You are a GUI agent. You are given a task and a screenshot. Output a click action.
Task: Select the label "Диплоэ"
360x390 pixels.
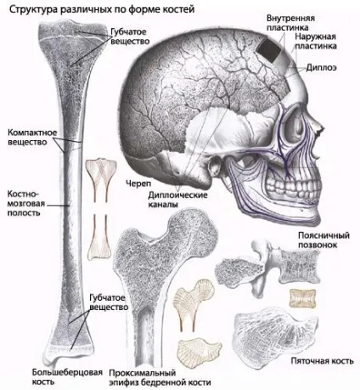[x=322, y=68]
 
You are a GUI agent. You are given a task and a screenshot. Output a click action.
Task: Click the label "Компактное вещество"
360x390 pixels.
[x=32, y=137]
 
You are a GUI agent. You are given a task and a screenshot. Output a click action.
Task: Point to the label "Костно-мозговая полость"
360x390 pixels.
[x=25, y=203]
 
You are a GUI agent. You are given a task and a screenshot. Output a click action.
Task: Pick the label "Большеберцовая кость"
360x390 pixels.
[x=67, y=376]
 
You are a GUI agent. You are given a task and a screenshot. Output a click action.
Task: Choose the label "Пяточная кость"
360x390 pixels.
[x=323, y=361]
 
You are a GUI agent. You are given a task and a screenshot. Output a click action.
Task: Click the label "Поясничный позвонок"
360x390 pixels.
[x=323, y=240]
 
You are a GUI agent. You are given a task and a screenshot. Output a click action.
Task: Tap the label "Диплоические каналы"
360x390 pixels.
[x=177, y=200]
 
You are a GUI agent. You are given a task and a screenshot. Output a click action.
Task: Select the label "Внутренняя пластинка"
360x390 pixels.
[x=290, y=23]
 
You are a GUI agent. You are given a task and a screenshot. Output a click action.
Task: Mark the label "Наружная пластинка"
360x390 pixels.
[x=316, y=42]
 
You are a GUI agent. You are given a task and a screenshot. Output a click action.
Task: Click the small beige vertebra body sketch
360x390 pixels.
[x=302, y=298]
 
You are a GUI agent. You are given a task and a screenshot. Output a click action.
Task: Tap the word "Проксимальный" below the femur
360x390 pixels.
[x=143, y=373]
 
